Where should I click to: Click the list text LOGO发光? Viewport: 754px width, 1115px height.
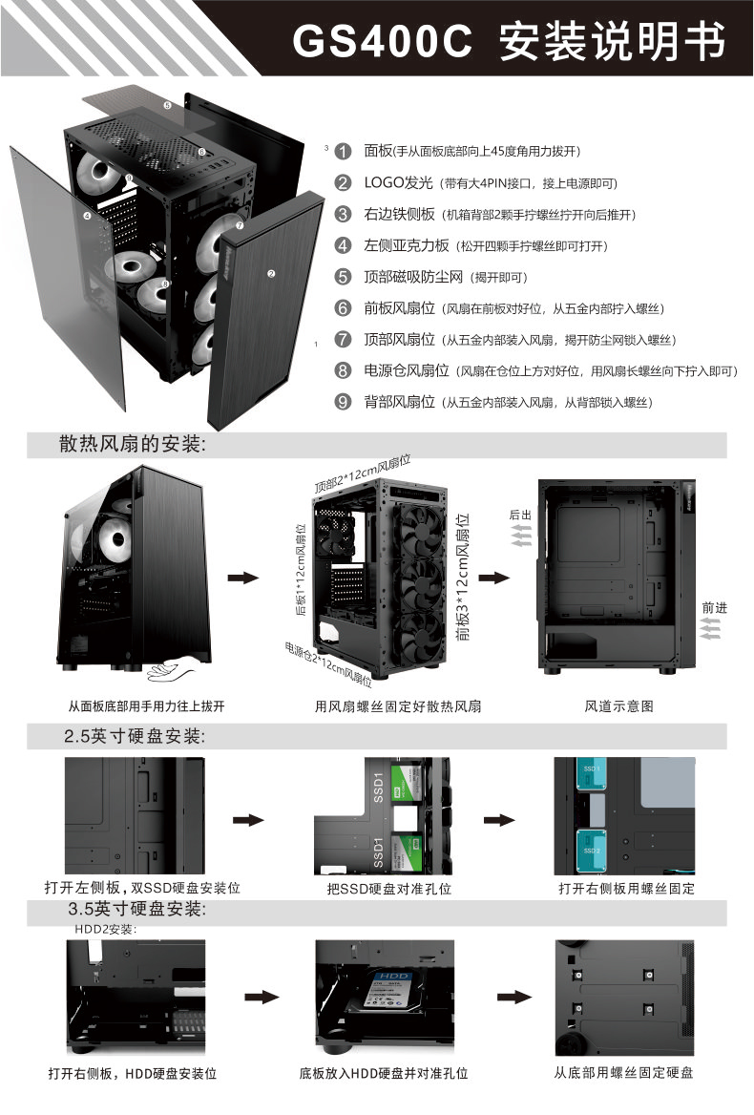click(398, 183)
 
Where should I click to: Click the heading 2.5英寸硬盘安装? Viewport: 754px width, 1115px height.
click(135, 736)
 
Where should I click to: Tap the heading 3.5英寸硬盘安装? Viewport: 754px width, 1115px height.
click(135, 907)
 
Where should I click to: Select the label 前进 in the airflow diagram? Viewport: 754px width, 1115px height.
click(714, 607)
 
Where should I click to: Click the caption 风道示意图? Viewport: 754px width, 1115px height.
click(619, 706)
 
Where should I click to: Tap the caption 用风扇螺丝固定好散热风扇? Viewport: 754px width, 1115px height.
click(398, 706)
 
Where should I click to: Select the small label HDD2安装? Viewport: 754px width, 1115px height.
click(106, 928)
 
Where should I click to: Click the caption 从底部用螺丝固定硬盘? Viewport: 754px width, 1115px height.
click(624, 1072)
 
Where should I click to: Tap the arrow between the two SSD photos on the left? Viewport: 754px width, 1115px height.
click(247, 820)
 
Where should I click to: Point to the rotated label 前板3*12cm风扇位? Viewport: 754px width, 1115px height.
click(464, 577)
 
